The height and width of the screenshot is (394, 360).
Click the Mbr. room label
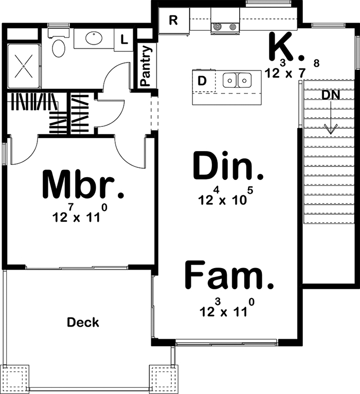click(82, 185)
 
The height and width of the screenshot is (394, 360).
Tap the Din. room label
click(228, 166)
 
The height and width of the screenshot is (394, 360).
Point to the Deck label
click(83, 323)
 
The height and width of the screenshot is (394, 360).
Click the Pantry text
click(146, 66)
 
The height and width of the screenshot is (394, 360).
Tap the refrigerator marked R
click(174, 20)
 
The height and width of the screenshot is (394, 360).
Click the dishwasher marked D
click(204, 81)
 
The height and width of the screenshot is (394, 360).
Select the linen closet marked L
click(123, 40)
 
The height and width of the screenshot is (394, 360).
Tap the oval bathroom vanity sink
click(94, 37)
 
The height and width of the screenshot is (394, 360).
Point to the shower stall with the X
click(24, 66)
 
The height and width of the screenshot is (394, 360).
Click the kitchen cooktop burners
click(225, 26)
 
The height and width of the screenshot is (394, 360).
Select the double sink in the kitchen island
click(237, 80)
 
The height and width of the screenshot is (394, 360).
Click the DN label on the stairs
click(331, 95)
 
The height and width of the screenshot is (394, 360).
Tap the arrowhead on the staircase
click(331, 129)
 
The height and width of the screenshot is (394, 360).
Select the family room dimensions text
click(227, 308)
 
